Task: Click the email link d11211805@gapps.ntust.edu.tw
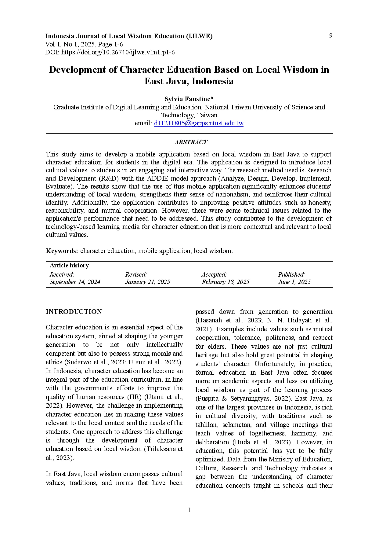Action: point(199,123)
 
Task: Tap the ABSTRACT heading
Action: point(191,142)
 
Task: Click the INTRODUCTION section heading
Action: point(74,312)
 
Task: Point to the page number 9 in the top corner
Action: point(331,36)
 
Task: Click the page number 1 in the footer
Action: point(189,510)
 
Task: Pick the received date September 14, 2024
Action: point(75,282)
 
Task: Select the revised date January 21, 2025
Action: point(147,282)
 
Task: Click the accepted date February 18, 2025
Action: point(225,282)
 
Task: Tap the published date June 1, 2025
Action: point(294,282)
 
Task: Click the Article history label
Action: point(69,265)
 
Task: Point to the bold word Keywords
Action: point(62,251)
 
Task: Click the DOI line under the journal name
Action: point(110,52)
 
